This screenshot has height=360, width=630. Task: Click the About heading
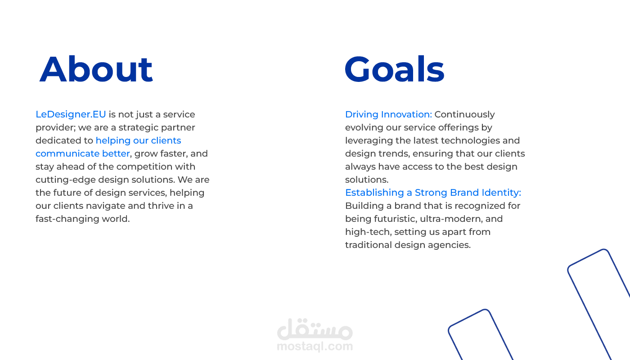[96, 69]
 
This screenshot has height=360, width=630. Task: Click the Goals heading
[395, 69]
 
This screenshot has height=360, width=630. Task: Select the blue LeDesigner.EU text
[71, 114]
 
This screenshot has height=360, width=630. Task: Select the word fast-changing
[67, 219]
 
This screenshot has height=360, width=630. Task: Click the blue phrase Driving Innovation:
[388, 114]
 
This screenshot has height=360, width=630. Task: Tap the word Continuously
[464, 114]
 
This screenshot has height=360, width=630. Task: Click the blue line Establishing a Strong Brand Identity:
[433, 193]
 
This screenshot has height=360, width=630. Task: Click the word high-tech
[368, 232]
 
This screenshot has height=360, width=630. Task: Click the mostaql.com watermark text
[315, 346]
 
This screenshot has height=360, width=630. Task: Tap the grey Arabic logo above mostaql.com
[315, 329]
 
